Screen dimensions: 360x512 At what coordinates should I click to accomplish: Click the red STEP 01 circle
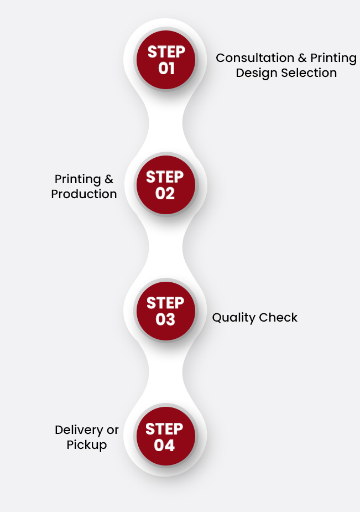pyautogui.click(x=166, y=60)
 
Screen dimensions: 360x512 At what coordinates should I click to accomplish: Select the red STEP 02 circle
pyautogui.click(x=166, y=185)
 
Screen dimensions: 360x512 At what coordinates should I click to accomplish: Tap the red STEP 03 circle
pyautogui.click(x=166, y=311)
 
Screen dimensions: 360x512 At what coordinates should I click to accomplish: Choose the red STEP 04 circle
pyautogui.click(x=166, y=436)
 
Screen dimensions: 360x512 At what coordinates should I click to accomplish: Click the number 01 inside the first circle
pyautogui.click(x=166, y=68)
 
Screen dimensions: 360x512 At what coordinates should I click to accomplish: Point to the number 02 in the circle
pyautogui.click(x=165, y=193)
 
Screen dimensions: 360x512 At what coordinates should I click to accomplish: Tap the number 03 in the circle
pyautogui.click(x=165, y=319)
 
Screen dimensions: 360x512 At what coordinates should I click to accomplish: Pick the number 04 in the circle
pyautogui.click(x=164, y=445)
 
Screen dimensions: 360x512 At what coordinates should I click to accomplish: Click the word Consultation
pyautogui.click(x=255, y=58)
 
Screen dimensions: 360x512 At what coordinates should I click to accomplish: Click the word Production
pyautogui.click(x=84, y=194)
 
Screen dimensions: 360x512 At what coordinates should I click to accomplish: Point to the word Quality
pyautogui.click(x=233, y=318)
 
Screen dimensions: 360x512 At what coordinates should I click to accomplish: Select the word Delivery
pyautogui.click(x=79, y=431)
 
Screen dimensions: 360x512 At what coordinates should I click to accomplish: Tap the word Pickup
pyautogui.click(x=87, y=445)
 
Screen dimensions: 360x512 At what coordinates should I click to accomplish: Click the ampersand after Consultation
pyautogui.click(x=302, y=58)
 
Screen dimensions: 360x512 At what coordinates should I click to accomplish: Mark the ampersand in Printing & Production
pyautogui.click(x=109, y=179)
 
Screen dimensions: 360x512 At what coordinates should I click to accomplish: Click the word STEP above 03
pyautogui.click(x=165, y=303)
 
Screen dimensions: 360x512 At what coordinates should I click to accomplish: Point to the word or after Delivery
pyautogui.click(x=112, y=430)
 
